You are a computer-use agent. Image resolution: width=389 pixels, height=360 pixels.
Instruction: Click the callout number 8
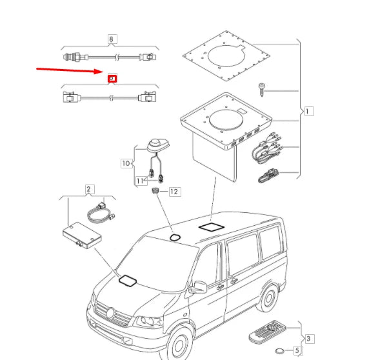tap(112, 39)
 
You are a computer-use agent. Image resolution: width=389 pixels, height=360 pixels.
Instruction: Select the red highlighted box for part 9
tap(112, 79)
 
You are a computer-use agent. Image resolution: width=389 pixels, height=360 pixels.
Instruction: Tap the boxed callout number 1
tap(309, 111)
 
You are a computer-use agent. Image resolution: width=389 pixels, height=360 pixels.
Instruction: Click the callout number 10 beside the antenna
tap(126, 163)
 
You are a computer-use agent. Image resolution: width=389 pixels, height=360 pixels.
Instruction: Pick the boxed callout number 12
tap(174, 192)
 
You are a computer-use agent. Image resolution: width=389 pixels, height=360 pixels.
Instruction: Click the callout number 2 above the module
tap(89, 189)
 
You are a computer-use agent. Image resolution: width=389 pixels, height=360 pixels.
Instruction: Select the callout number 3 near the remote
tap(309, 338)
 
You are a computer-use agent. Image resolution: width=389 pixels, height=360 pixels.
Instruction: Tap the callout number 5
tap(297, 351)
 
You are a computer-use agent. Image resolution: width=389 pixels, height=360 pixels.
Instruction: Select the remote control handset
tap(266, 334)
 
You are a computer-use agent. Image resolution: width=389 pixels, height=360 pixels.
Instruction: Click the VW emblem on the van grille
tap(110, 314)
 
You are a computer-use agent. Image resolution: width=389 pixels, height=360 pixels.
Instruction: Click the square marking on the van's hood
tap(127, 281)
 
